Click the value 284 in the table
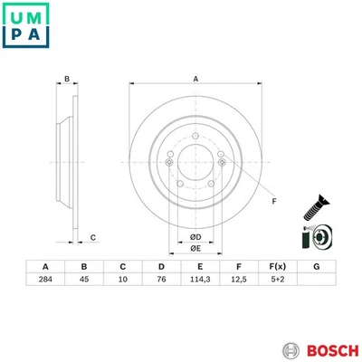(44, 281)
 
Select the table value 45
(83, 281)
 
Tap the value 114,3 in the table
(199, 281)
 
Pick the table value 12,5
(238, 281)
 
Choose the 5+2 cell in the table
(277, 281)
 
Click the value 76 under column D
(161, 281)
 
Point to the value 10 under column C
(122, 281)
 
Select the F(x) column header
(277, 267)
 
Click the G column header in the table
(316, 267)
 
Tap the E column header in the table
(199, 267)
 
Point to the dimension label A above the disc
(195, 79)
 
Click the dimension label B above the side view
(66, 80)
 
